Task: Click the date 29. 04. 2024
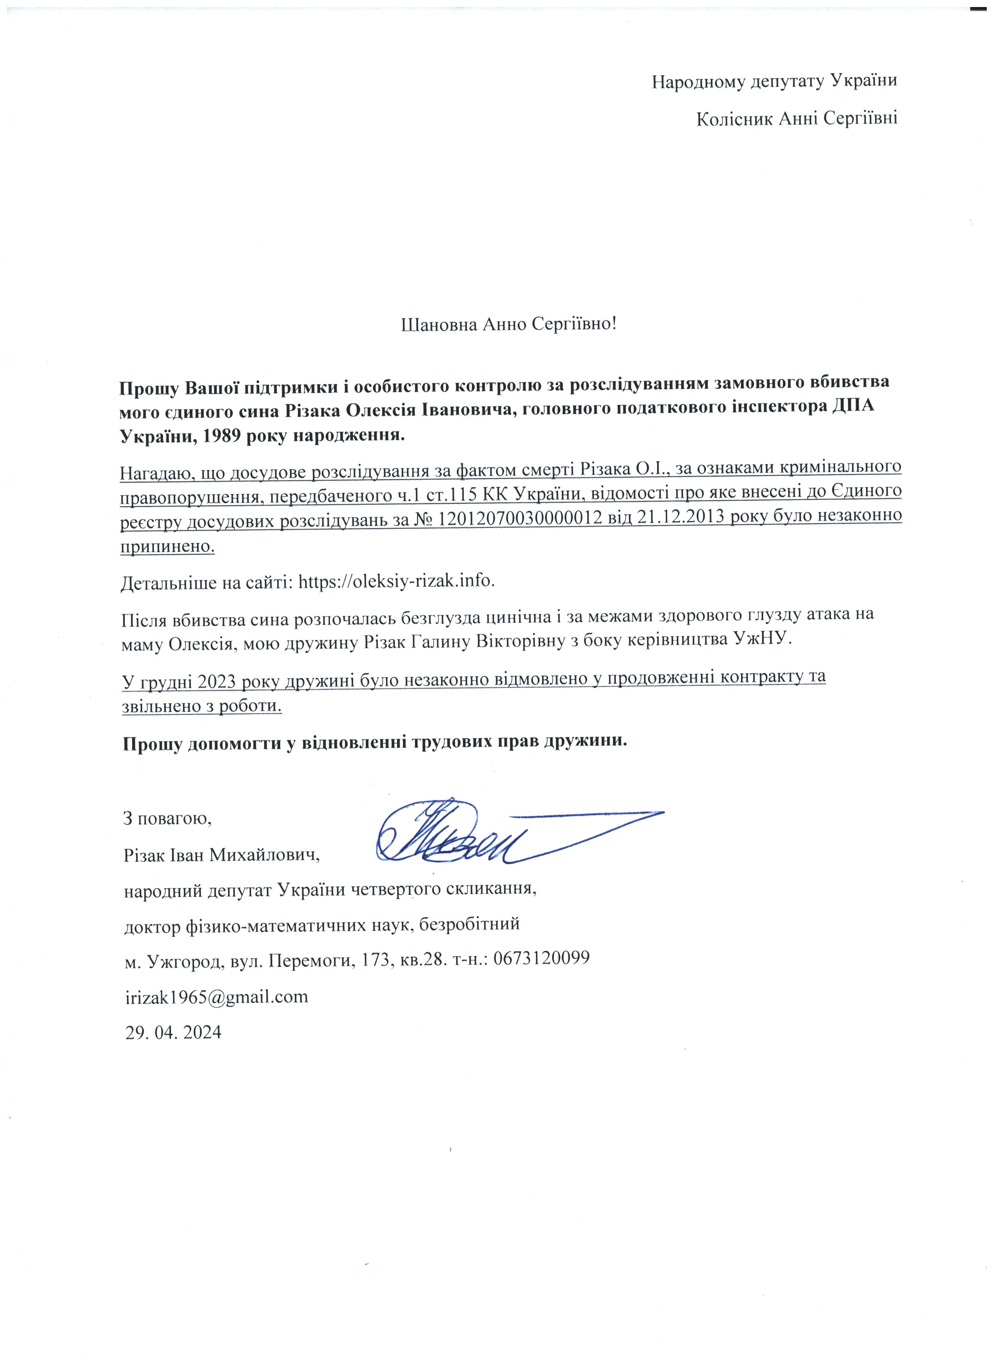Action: click(172, 1032)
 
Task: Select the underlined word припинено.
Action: click(167, 546)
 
